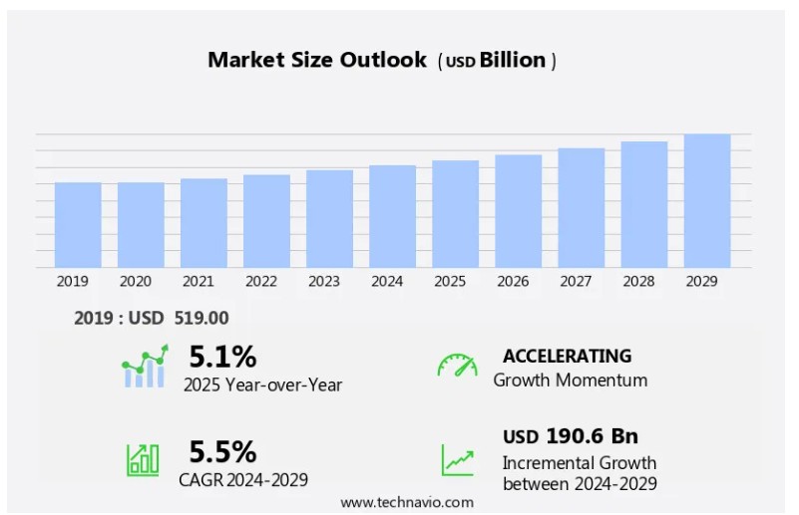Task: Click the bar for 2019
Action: [x=78, y=224]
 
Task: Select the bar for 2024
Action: [x=392, y=216]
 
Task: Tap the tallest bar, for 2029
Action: [x=706, y=200]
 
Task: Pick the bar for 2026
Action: [x=518, y=210]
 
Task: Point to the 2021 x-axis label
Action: [x=198, y=282]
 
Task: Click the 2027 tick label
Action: [x=575, y=282]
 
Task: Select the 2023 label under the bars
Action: [x=323, y=282]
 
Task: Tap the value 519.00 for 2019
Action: [x=203, y=318]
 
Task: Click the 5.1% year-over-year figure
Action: [x=222, y=357]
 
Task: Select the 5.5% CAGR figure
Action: [x=222, y=452]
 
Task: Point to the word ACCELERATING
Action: [x=567, y=356]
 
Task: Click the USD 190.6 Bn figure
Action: [x=570, y=436]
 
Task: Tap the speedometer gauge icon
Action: [x=457, y=366]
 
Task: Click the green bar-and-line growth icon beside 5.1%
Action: [x=145, y=367]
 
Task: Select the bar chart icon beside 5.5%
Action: [x=143, y=458]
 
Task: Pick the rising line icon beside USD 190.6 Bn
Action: [x=458, y=459]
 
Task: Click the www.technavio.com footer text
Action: [x=407, y=502]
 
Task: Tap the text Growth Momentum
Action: [x=570, y=380]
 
